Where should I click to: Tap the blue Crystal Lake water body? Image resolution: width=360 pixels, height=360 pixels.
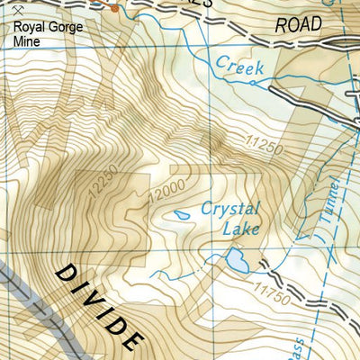pyautogui.click(x=237, y=261)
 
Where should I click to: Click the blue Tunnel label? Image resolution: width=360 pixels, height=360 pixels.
pyautogui.click(x=331, y=201)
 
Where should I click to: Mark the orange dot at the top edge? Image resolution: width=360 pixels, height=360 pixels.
pyautogui.click(x=114, y=7)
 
